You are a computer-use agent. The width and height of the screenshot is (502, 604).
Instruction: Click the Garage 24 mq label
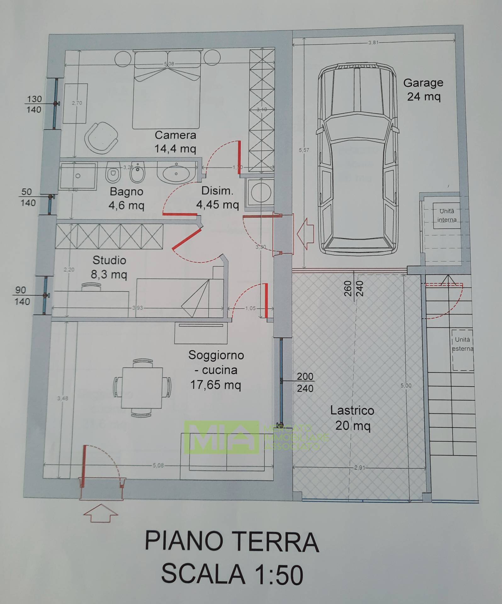423,90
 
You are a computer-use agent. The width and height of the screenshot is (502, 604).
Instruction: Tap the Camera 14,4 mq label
175,142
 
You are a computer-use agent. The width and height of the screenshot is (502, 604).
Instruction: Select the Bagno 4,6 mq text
126,199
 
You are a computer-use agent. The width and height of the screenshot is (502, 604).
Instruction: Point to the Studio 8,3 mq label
109,267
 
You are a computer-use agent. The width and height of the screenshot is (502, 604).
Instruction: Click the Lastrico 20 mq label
352,418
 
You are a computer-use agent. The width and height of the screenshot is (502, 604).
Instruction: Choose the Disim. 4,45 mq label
217,198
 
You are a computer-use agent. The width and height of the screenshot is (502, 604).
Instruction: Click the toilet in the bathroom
113,172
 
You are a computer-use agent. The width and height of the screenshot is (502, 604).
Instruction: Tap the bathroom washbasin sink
176,173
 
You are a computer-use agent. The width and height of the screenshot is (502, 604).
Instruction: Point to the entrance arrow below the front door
100,515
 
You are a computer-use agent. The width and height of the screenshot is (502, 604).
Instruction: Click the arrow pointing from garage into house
305,233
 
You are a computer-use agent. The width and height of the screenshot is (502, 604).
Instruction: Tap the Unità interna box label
447,215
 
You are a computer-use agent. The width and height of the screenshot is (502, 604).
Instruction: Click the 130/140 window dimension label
34,104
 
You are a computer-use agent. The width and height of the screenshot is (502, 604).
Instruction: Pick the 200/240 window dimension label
305,382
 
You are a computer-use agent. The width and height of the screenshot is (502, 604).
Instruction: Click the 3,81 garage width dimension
373,42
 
